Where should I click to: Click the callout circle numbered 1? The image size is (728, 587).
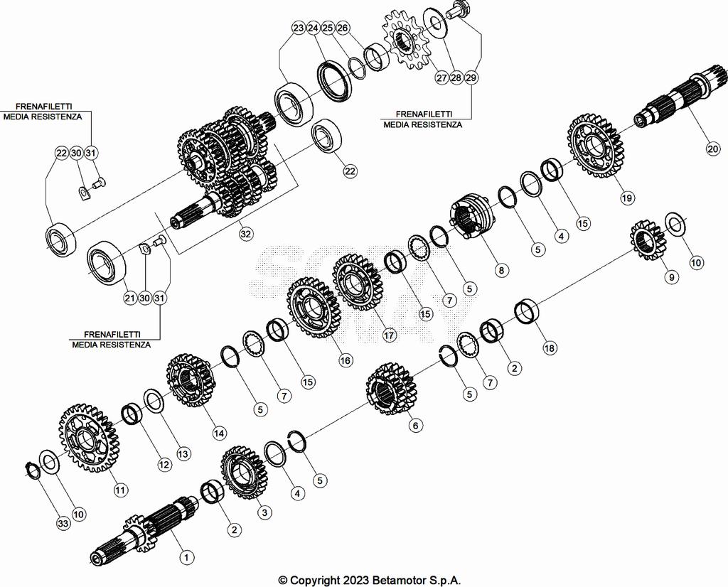pos(186,557)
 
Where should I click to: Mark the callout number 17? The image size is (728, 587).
pos(389,335)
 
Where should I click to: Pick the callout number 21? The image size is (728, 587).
pos(129,298)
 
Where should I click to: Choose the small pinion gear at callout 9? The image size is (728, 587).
pos(646,239)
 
